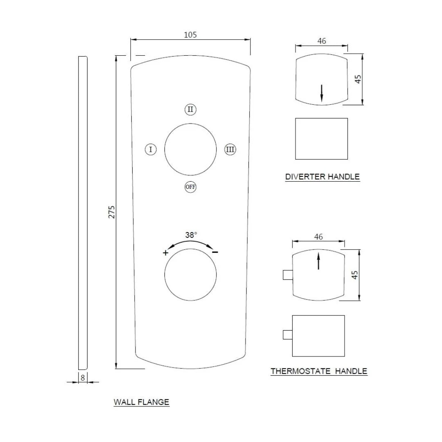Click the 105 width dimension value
click(190, 35)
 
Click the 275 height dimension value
click(112, 212)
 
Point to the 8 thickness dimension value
click(83, 378)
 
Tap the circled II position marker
click(190, 110)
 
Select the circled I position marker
click(151, 149)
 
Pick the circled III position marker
click(230, 149)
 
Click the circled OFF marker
click(190, 187)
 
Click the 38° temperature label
click(191, 235)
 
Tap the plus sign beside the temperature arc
click(165, 253)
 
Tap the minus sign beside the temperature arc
click(215, 252)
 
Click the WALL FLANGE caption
click(141, 402)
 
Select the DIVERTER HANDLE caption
click(322, 177)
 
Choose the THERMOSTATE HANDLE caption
click(319, 371)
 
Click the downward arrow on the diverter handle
click(322, 92)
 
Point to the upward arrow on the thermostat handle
click(318, 261)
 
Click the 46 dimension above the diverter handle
click(322, 41)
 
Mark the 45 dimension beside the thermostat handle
click(355, 275)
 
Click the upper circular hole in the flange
click(190, 150)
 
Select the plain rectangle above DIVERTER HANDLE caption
click(321, 139)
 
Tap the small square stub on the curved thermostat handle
click(288, 275)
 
